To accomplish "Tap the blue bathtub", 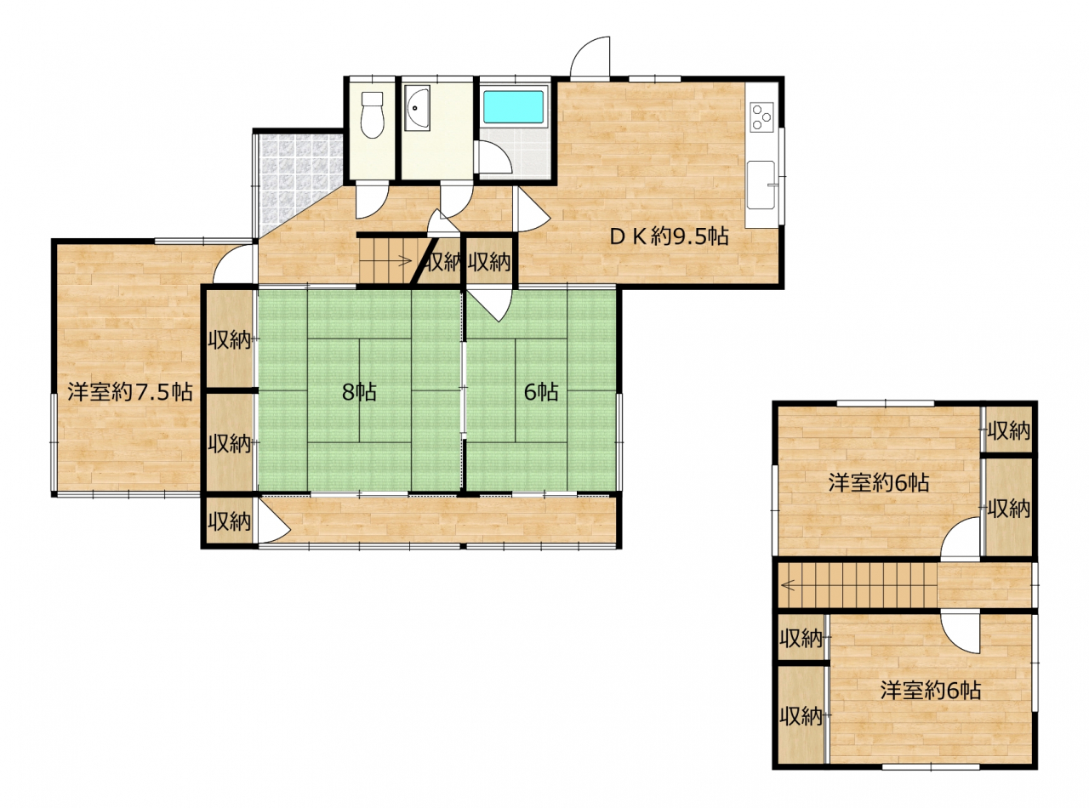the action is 514,106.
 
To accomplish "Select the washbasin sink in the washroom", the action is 418,108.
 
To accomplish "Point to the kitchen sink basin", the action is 761,185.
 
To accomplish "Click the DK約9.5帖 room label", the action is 669,237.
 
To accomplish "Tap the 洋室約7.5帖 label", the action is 129,392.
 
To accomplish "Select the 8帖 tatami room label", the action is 359,392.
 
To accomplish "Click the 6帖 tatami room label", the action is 540,392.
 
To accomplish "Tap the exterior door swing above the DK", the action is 590,56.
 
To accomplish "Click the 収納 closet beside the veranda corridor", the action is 230,521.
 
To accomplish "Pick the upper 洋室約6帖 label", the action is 878,483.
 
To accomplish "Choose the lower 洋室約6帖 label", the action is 931,691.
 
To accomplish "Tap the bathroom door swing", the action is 495,157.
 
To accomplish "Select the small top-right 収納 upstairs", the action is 1008,430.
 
